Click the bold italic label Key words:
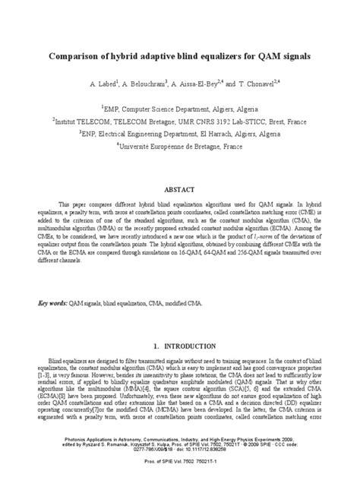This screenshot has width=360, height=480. [52, 302]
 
